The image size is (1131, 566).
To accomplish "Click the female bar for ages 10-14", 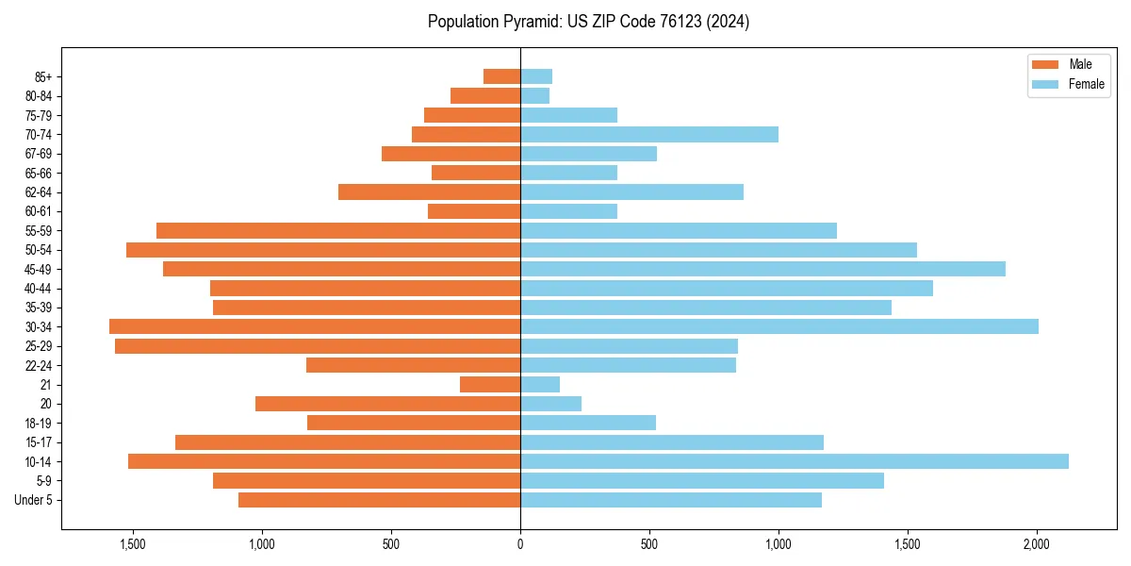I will (x=794, y=461).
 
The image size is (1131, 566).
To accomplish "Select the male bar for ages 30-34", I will (x=315, y=326).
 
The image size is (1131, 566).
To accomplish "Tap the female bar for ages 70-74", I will (x=648, y=134).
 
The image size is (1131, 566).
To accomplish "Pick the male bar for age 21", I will (x=490, y=385).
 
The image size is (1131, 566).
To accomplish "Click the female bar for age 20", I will (x=550, y=404).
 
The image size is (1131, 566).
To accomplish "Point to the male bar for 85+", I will (x=501, y=76).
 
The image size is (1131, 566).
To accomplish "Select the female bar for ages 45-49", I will (x=762, y=269).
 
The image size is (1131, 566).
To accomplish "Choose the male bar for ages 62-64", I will (x=429, y=192).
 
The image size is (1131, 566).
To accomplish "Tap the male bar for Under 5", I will (x=379, y=500).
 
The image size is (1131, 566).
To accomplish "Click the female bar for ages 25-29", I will (x=629, y=346).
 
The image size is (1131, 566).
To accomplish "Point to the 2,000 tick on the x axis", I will (x=1037, y=544).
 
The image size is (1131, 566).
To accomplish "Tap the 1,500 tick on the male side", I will (x=133, y=544).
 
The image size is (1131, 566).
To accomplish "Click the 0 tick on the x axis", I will (x=520, y=544).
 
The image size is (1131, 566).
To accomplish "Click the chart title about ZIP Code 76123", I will (x=588, y=22).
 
